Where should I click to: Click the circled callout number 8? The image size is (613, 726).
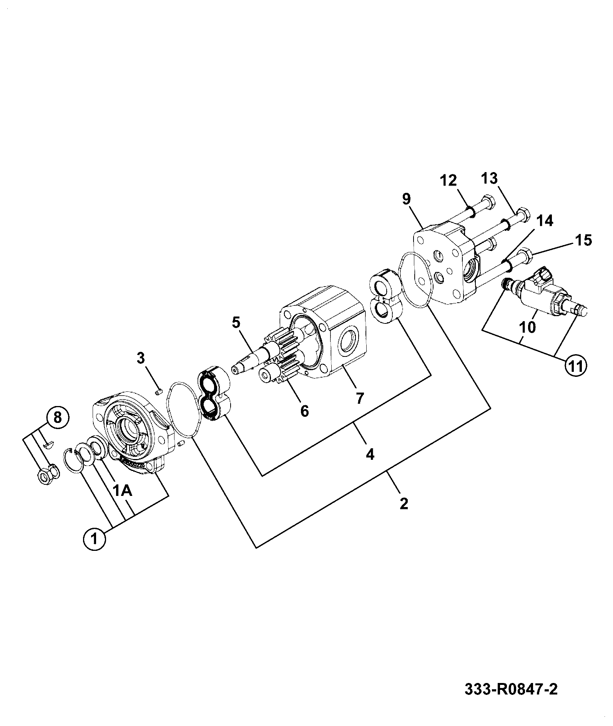(x=57, y=417)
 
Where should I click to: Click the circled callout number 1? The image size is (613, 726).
(x=94, y=539)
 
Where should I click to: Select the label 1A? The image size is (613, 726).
(x=123, y=491)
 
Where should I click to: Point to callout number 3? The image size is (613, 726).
(x=141, y=358)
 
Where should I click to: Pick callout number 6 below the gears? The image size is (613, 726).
(x=304, y=411)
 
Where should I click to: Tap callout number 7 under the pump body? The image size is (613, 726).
(x=359, y=398)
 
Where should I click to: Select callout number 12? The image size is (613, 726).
(x=448, y=180)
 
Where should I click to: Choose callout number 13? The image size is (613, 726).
(x=489, y=178)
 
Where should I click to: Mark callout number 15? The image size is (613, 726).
(x=583, y=240)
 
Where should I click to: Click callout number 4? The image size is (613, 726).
(x=369, y=454)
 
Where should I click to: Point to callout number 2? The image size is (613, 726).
(x=404, y=503)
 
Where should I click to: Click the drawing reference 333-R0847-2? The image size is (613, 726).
(x=511, y=690)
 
